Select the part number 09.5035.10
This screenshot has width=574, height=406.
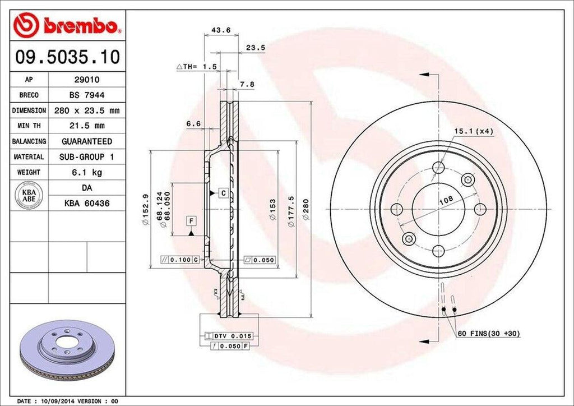[x=67, y=57]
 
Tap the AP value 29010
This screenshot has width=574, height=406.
[x=86, y=80]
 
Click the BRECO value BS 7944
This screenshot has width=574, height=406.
[x=86, y=95]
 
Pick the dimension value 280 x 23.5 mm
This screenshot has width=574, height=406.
[x=86, y=110]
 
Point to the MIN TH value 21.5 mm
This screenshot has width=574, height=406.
[x=86, y=126]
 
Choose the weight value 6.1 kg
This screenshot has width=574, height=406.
[x=86, y=172]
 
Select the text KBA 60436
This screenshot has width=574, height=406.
[x=86, y=204]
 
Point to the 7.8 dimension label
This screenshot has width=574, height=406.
[x=247, y=84]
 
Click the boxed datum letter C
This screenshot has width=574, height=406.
[x=223, y=193]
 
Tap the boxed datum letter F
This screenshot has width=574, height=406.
[x=191, y=220]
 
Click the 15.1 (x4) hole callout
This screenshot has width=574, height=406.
[x=474, y=131]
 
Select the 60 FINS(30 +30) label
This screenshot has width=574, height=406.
[x=488, y=334]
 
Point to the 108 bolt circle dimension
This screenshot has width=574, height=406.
[x=446, y=200]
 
